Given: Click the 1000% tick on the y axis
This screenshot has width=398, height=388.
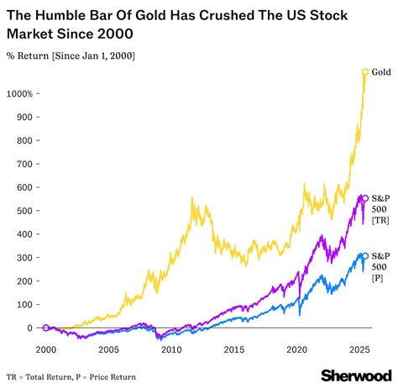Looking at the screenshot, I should tap(18, 93).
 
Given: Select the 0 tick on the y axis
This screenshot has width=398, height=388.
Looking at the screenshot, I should tap(29, 328).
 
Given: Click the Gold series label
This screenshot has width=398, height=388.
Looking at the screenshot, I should tap(381, 73).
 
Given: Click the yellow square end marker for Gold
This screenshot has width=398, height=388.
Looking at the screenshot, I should tap(364, 72).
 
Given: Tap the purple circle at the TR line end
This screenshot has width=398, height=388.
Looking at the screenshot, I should tap(364, 198).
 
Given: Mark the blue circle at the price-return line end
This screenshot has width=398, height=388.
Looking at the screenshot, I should tap(364, 255).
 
